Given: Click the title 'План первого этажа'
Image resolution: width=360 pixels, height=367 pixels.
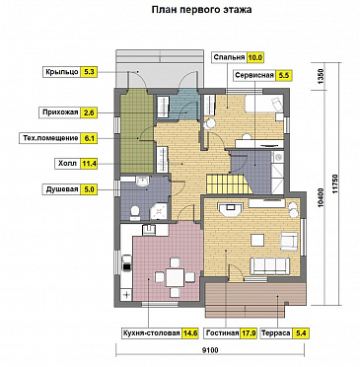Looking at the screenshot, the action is pyautogui.click(x=201, y=10).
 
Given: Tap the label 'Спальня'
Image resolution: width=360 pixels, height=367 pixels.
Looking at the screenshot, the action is pyautogui.click(x=229, y=57).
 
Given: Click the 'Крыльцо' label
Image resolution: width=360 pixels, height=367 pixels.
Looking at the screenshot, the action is pyautogui.click(x=62, y=72).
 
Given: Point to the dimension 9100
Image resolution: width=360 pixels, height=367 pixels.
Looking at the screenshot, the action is pyautogui.click(x=210, y=350).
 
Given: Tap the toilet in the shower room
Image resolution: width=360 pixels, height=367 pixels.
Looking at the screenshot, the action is pyautogui.click(x=135, y=212).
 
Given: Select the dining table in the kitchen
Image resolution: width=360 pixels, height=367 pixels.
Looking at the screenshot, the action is pyautogui.click(x=175, y=278).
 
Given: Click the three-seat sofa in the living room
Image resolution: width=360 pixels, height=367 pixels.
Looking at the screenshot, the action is pyautogui.click(x=270, y=265).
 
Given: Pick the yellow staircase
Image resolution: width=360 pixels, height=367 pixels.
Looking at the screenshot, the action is pyautogui.click(x=229, y=184).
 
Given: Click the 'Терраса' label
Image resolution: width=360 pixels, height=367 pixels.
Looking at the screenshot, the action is pyautogui.click(x=275, y=333).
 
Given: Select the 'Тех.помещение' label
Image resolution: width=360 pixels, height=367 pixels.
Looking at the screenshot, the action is pyautogui.click(x=50, y=138).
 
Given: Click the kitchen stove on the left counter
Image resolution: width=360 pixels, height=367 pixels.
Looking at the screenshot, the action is pyautogui.click(x=126, y=263).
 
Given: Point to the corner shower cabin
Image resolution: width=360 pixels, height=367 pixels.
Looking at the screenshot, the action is pyautogui.click(x=160, y=211).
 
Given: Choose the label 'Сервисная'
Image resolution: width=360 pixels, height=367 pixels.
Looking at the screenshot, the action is pyautogui.click(x=254, y=75).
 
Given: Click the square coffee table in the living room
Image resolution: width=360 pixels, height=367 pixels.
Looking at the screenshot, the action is pyautogui.click(x=257, y=240).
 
